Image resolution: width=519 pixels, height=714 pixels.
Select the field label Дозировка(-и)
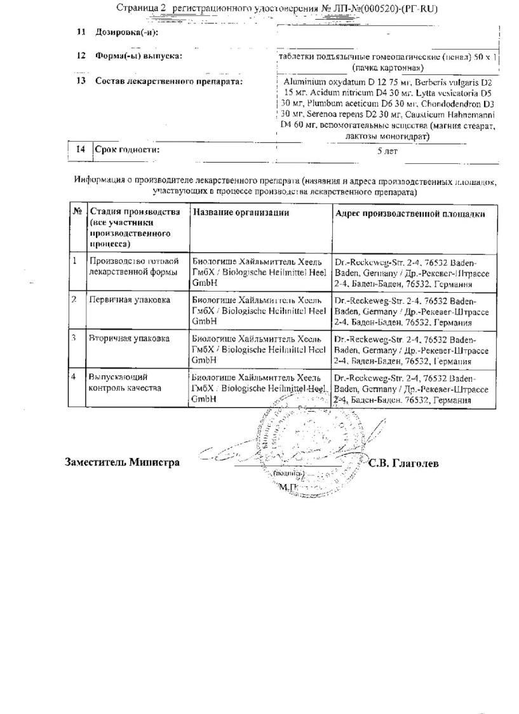(x=126, y=32)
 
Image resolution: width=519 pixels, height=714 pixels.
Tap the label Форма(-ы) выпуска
(x=138, y=56)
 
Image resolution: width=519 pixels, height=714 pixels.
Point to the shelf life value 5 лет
(x=387, y=151)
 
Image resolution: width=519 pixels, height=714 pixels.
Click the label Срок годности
(x=127, y=150)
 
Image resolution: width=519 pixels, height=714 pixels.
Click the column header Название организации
(x=240, y=213)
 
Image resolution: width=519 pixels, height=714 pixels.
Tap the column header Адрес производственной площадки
(x=410, y=213)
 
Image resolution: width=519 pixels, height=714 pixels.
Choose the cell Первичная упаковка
(x=130, y=300)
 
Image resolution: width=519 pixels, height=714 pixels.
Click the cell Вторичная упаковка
(x=129, y=339)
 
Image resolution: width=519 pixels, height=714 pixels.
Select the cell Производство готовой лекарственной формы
(x=134, y=266)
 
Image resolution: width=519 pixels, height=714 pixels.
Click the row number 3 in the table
(x=74, y=339)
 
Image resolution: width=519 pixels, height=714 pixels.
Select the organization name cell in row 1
(x=259, y=271)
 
